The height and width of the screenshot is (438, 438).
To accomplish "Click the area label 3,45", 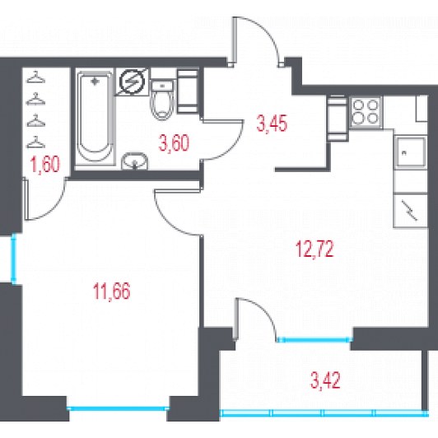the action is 272,123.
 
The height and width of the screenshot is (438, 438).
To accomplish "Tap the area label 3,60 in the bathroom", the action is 174,142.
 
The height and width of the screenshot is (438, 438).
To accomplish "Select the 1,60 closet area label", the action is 45,165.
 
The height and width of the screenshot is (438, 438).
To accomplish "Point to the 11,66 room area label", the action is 111,291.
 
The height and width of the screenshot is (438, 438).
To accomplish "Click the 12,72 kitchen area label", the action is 315,249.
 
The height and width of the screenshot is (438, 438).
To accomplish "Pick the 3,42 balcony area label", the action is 325,380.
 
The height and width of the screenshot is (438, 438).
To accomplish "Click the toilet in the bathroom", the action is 162,99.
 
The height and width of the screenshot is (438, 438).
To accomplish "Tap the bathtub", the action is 95,118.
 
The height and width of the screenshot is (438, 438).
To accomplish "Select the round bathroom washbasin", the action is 135,161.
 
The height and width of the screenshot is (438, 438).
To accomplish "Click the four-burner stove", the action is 366,112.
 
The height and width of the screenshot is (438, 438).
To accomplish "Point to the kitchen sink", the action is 410,151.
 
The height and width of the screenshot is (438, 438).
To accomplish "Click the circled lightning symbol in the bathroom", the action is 132,82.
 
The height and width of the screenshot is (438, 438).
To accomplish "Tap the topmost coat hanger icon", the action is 35,77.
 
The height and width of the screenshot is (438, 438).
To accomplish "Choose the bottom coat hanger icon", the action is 35,142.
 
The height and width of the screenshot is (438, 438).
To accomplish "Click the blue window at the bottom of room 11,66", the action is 118,408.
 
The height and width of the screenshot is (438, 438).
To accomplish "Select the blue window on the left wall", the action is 13,259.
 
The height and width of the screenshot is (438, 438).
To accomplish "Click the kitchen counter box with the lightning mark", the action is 410,210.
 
